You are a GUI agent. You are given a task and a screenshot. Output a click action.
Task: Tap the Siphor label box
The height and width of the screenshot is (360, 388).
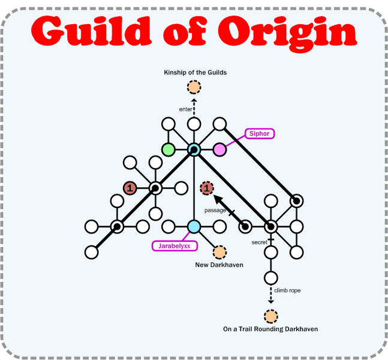259,134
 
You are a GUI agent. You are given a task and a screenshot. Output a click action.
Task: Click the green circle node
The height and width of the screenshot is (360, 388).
169,149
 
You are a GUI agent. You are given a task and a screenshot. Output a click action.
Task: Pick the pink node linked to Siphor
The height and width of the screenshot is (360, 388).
219,149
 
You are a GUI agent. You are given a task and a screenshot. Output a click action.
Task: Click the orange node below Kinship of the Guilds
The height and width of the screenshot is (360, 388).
194,88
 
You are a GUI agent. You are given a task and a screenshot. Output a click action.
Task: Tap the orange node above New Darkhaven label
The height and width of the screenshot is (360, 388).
219,252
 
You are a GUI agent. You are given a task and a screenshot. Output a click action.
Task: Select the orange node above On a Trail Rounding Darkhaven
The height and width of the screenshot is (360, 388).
270,315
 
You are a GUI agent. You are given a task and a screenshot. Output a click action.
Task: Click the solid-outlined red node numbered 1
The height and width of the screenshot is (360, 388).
130,188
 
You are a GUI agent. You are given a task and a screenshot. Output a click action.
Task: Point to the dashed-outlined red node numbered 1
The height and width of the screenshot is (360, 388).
207,188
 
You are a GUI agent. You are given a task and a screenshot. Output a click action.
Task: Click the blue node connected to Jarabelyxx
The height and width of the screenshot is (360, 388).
194,227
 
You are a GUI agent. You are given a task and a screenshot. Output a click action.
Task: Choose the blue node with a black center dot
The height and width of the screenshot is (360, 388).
194,149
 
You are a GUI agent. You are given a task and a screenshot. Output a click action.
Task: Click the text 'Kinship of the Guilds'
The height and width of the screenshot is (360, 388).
195,73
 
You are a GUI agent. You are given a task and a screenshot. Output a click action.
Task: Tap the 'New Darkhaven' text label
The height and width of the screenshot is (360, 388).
219,265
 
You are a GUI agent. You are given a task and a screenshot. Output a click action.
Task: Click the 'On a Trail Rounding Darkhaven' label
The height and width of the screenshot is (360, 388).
270,329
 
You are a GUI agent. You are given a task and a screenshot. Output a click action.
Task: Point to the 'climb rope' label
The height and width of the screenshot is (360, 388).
287,290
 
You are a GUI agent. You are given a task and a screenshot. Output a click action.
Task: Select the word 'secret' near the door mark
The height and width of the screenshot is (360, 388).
259,242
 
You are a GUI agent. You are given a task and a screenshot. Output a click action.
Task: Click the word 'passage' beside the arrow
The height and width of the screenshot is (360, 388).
215,211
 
